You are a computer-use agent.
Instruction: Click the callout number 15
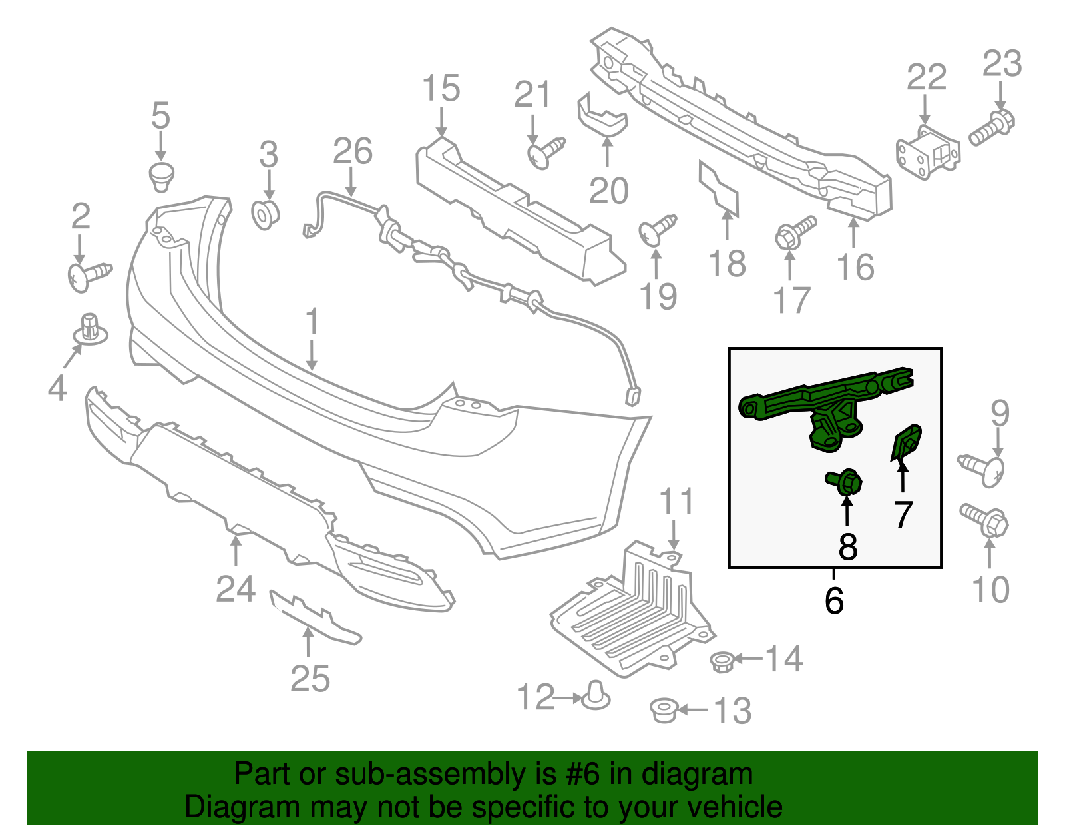pos(441,89)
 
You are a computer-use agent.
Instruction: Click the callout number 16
pos(855,267)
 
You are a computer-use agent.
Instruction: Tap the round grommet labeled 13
pos(664,710)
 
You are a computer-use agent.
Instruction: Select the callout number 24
pos(236,588)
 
